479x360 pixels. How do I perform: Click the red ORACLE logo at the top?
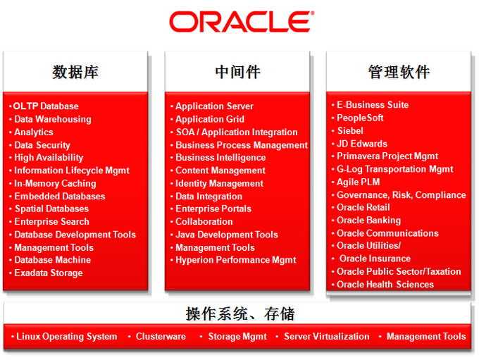pos(242,22)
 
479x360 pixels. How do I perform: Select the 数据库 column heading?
pos(75,72)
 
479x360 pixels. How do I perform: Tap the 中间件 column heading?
pos(237,72)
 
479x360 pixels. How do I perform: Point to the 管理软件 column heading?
pos(399,72)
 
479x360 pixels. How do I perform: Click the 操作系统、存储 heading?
pos(240,314)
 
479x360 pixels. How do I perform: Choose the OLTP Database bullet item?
pos(46,106)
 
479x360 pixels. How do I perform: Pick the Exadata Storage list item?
pos(49,273)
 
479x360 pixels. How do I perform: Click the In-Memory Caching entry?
pos(55,183)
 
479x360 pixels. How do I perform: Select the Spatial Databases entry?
pos(51,209)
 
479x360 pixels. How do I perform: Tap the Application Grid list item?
pos(210,119)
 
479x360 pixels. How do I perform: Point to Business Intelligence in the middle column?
pos(220,157)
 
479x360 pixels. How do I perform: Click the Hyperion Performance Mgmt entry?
pos(236,260)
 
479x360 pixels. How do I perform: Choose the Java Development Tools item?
pos(227,235)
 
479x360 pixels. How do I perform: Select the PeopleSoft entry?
pos(360,118)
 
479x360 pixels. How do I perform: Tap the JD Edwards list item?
pos(362,144)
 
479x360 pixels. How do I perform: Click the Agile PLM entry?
pos(358,182)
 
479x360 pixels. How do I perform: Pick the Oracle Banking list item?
pos(368,221)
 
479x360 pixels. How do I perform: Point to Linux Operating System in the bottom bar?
pos(67,337)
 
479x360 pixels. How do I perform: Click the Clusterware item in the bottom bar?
pos(161,337)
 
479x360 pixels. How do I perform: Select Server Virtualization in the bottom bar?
pos(327,337)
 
